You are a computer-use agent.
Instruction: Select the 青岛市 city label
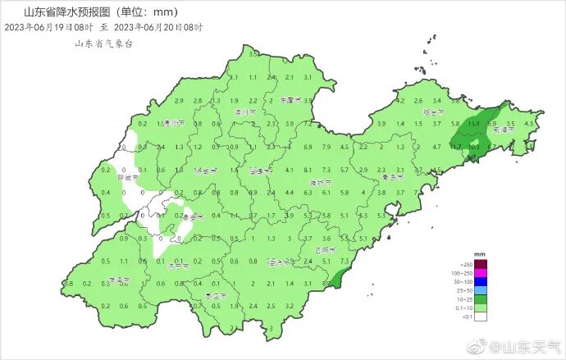[396, 177]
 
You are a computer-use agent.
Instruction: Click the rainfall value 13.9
[474, 123]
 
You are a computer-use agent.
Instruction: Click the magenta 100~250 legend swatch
[483, 272]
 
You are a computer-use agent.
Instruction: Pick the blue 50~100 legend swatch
[483, 281]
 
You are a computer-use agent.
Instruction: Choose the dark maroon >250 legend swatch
[483, 263]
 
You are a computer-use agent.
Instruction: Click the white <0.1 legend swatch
[483, 317]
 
